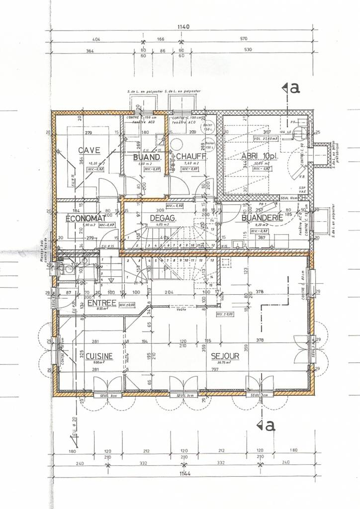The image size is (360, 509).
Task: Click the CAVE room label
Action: click(89, 150)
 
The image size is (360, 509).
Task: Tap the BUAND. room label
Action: click(147, 158)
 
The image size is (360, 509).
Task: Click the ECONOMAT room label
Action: click(86, 218)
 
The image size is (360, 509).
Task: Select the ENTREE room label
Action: click(101, 303)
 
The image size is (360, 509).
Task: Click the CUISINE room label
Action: click(99, 356)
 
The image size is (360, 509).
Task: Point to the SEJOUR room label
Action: click(225, 356)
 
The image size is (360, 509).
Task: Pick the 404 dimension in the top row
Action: click(97, 38)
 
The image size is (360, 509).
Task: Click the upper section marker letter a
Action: click(294, 88)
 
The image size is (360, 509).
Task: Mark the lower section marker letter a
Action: click(269, 425)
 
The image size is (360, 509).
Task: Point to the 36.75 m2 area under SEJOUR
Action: click(225, 363)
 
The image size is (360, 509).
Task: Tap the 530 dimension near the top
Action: click(248, 50)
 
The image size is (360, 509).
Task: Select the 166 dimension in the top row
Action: click(161, 38)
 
